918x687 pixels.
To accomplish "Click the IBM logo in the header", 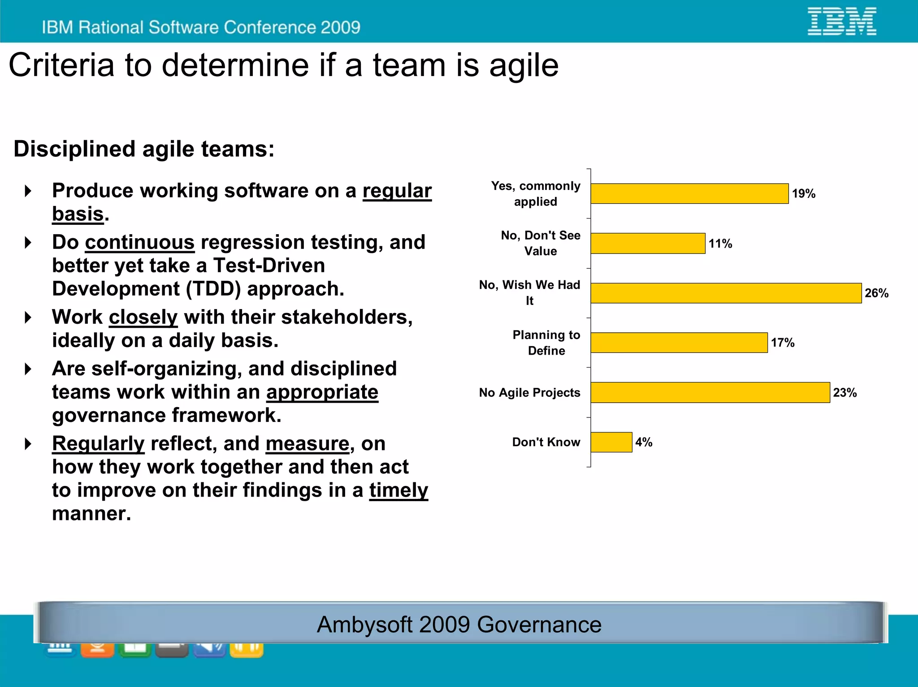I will [842, 21].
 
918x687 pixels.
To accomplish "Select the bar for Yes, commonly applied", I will [689, 193].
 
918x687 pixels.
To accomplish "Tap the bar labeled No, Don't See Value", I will [648, 243].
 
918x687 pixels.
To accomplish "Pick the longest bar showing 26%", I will [726, 293].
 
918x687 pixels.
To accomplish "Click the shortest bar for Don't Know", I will [611, 442].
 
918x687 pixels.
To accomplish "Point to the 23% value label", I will [845, 393].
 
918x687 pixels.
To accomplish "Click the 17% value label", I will [783, 343].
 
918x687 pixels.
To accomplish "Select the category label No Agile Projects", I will [529, 393].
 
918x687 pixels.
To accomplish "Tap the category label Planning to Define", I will [546, 343].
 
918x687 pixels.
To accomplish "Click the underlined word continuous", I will [140, 242].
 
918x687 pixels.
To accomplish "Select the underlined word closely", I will [143, 317].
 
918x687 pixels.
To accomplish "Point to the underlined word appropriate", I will [322, 392].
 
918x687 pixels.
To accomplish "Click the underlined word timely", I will [398, 490].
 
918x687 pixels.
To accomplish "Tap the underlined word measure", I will [307, 443].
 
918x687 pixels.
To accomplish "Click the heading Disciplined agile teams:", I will [144, 149].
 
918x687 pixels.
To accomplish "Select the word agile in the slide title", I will [524, 65].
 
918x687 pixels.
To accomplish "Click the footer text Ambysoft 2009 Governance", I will [459, 624].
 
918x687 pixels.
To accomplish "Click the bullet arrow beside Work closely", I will [28, 318].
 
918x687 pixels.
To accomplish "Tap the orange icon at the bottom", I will [97, 648].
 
